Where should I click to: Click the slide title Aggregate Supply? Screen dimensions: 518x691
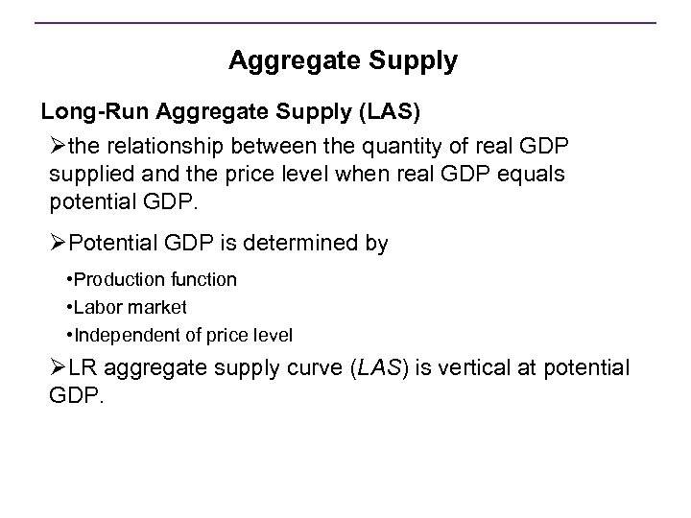[x=343, y=62]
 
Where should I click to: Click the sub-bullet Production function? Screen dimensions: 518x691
[x=154, y=279]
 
